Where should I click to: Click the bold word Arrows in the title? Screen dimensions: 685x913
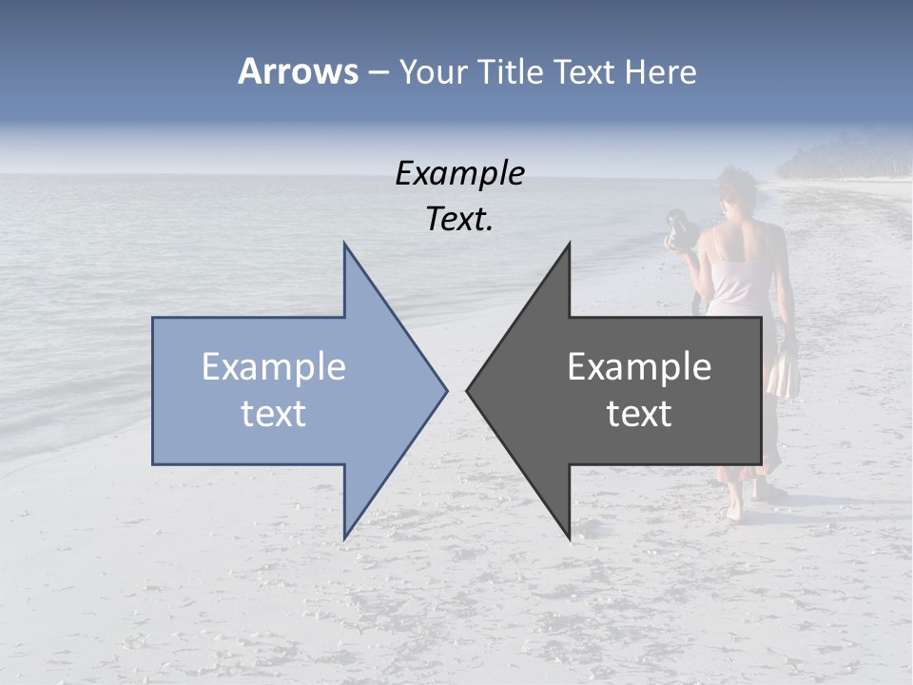pyautogui.click(x=299, y=71)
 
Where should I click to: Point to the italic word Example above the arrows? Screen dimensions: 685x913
pyautogui.click(x=459, y=174)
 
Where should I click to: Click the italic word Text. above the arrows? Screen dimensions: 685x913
pyautogui.click(x=459, y=220)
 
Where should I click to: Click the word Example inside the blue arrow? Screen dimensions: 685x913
pyautogui.click(x=273, y=367)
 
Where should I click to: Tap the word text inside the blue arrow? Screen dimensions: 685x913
pyautogui.click(x=273, y=414)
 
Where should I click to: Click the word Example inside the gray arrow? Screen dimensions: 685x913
pyautogui.click(x=639, y=367)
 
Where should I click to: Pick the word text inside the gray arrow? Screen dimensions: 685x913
pyautogui.click(x=639, y=414)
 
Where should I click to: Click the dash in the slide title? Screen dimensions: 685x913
pyautogui.click(x=378, y=73)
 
